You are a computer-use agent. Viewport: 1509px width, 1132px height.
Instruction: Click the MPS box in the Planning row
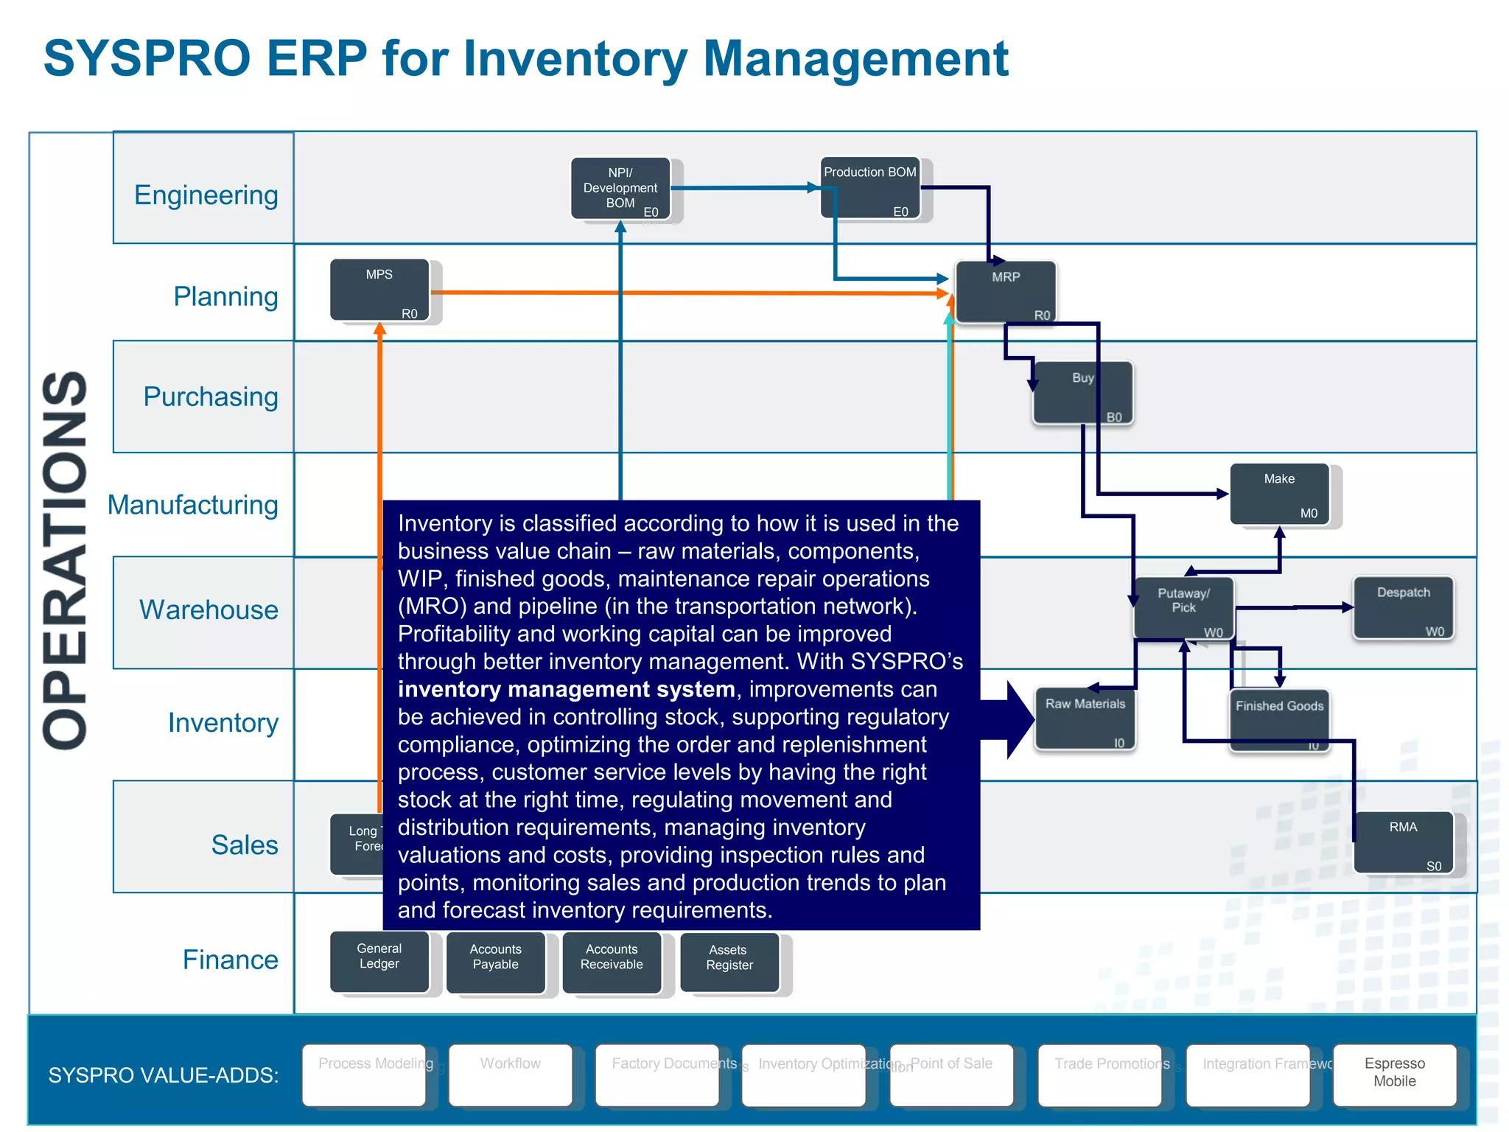[379, 290]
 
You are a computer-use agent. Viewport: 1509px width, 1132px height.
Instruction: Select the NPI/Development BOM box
[620, 189]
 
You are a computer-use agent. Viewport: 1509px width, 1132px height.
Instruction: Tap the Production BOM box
[870, 187]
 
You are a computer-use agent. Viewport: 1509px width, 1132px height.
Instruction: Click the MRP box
[1006, 292]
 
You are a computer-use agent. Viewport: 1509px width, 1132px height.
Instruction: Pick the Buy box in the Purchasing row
[1082, 393]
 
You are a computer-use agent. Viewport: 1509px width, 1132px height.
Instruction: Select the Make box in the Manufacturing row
[1280, 494]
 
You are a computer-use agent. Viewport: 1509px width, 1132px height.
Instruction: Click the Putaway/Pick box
[1183, 607]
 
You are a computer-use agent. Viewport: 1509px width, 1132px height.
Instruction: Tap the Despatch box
[1403, 607]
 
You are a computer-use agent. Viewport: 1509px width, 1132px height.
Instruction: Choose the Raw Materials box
[1085, 719]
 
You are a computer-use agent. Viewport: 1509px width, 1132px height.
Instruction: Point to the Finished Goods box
[1279, 719]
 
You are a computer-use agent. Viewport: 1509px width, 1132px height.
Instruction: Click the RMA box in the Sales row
[1403, 842]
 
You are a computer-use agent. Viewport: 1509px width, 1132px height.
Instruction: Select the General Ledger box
[379, 962]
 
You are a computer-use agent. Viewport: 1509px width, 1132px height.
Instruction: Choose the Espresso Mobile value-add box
[1394, 1075]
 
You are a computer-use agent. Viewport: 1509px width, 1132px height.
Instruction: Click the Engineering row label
[206, 195]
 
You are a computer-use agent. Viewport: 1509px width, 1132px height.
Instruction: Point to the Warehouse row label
[209, 610]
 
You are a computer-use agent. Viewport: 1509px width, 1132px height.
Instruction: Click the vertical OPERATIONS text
[66, 560]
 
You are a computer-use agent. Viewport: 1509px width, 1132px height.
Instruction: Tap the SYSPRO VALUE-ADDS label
[163, 1075]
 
